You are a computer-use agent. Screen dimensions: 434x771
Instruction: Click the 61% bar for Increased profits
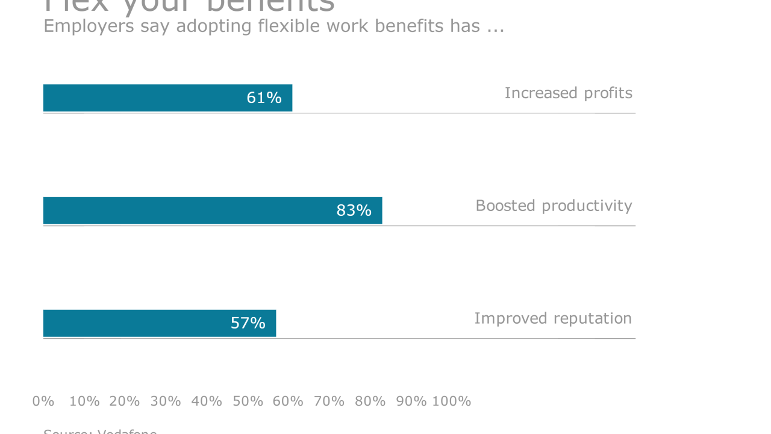pos(145,98)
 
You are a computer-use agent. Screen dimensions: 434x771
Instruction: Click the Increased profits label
pos(568,93)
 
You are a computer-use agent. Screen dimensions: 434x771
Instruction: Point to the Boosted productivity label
pos(554,206)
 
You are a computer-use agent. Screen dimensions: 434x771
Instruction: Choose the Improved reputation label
pos(553,318)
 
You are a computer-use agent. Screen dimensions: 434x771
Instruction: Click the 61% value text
pos(264,98)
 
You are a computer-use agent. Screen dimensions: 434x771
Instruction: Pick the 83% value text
pos(354,210)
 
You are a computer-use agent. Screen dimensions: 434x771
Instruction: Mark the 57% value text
pos(248,323)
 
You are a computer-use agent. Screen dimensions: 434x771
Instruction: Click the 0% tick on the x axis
pos(43,401)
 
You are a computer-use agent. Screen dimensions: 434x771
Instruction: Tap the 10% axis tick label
pos(84,401)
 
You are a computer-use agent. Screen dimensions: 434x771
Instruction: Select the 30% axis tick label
pos(166,401)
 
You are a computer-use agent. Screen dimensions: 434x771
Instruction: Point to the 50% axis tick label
pos(248,401)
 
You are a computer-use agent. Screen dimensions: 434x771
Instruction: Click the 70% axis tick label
pos(329,401)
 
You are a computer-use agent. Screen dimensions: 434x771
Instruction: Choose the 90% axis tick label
pos(411,401)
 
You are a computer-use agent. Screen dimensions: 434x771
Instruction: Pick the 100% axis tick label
pos(451,401)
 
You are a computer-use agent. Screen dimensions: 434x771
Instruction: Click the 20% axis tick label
pos(125,401)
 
